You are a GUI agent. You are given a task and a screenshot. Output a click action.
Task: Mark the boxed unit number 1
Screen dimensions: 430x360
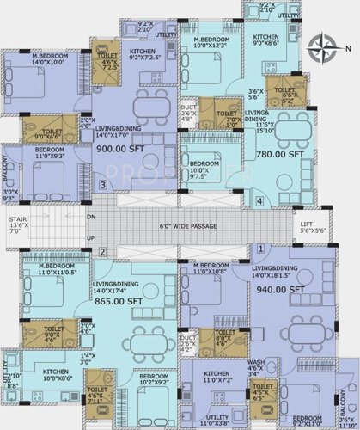[259, 248]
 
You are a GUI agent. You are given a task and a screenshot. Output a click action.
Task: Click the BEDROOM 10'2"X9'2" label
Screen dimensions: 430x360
[154, 379]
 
